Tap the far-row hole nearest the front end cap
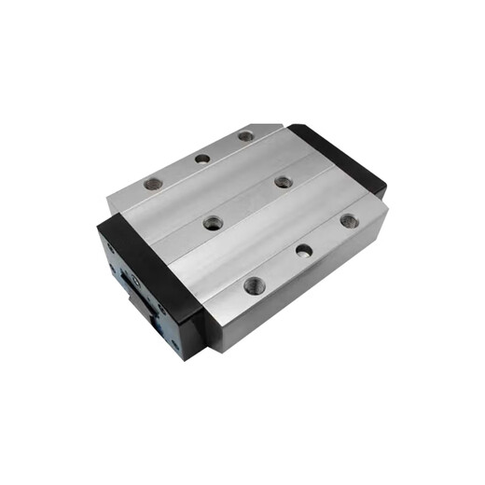coord(154,184)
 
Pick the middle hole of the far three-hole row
coord(202,159)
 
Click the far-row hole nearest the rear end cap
coord(245,136)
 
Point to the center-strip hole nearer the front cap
coord(214,223)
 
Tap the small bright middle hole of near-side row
coord(303,250)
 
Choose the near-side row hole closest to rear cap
coord(349,221)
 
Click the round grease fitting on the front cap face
coord(134,279)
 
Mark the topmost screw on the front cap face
coord(110,248)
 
